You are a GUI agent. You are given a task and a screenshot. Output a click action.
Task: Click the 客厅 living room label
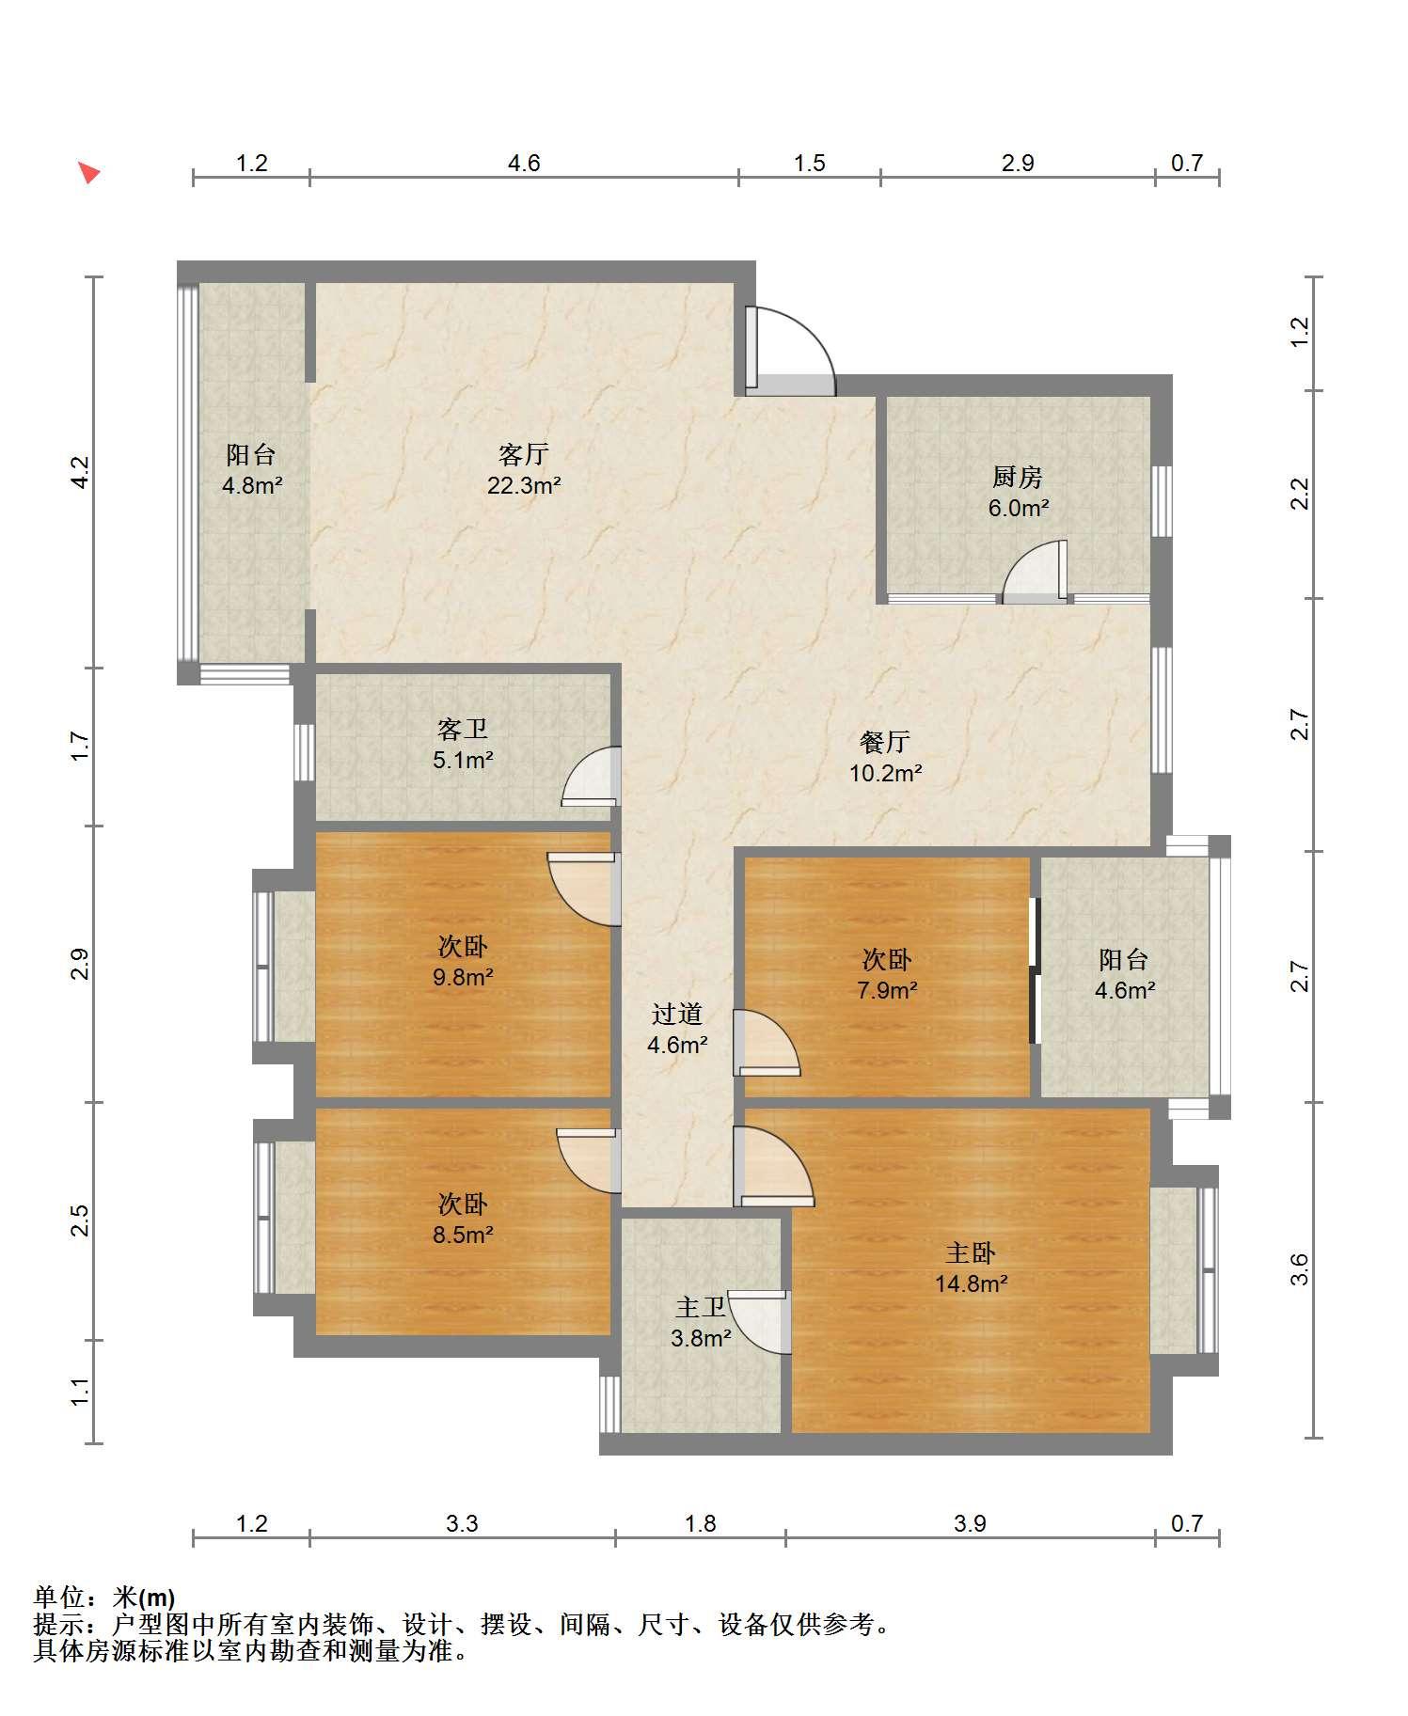[524, 455]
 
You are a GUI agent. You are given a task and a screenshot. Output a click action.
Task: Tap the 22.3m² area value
[524, 486]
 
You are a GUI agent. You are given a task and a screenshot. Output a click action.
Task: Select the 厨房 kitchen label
[1018, 478]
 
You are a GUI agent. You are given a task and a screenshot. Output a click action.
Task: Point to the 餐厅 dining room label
[885, 743]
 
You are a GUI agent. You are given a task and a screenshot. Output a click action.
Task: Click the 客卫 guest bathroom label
[463, 729]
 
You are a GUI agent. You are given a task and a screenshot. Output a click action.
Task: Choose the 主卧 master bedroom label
[971, 1253]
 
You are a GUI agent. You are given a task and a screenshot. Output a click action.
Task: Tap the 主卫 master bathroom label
[701, 1307]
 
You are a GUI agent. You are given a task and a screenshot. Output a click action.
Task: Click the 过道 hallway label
[677, 1014]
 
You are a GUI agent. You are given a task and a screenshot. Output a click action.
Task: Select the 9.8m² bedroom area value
[463, 977]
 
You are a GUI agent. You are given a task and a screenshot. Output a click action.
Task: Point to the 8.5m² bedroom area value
[463, 1235]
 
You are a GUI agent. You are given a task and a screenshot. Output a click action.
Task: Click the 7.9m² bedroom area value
[886, 990]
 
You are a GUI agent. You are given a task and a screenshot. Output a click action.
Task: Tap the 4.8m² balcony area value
[251, 486]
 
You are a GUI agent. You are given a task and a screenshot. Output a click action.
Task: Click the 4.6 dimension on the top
[524, 164]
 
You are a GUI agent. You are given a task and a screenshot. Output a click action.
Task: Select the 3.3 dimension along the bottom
[462, 1523]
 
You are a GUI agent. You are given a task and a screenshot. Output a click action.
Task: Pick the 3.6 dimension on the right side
[1299, 1270]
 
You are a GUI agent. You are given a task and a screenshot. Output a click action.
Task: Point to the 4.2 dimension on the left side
[81, 472]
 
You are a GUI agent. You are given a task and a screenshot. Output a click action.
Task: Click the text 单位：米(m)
[104, 1597]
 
